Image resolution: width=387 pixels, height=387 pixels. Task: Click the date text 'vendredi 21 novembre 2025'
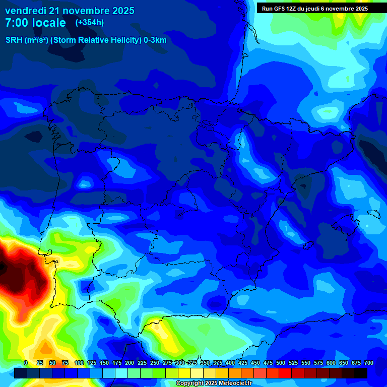70,11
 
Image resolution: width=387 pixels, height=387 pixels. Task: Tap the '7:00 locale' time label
35,23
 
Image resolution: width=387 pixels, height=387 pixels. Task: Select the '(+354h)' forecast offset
90,23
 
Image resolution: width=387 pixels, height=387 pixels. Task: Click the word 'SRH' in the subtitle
14,40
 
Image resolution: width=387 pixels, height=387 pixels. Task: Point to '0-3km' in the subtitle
155,40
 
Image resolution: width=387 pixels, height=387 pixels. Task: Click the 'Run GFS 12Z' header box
314,9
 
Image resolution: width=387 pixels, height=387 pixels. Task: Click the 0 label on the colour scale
26,363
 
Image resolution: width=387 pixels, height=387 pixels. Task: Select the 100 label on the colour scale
79,363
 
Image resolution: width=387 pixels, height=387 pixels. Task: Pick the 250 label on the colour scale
155,363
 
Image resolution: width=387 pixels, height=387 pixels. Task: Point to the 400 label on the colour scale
230,363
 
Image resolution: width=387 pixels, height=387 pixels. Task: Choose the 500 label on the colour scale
281,363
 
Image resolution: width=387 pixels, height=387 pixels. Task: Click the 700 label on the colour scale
369,363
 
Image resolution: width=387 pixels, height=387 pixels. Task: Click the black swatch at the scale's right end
361,373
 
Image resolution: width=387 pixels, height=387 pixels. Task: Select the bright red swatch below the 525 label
285,373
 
